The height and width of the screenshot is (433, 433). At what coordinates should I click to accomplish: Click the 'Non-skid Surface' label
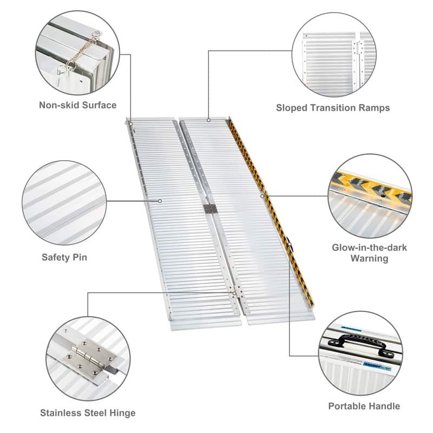tap(77, 104)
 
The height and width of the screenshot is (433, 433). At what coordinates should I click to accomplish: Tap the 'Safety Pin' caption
tap(64, 257)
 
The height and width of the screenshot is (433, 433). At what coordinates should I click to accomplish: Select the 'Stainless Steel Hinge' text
tap(88, 413)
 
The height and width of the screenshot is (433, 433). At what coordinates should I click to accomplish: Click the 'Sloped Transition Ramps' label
tap(333, 108)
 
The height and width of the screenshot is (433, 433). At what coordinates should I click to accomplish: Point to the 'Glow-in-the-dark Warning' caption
tap(369, 253)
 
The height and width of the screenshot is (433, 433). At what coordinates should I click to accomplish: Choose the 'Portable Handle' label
tap(364, 406)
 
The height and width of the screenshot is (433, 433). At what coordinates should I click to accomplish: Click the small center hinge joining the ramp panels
tap(209, 208)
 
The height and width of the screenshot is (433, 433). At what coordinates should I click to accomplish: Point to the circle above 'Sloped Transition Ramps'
tap(333, 55)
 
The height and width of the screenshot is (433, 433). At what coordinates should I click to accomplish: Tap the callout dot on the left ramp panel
tap(161, 201)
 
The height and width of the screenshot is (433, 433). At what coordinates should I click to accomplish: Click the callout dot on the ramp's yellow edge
tap(263, 196)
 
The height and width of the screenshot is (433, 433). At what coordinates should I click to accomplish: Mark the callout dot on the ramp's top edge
tap(208, 120)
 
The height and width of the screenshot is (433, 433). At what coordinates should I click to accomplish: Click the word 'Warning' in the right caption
tap(369, 259)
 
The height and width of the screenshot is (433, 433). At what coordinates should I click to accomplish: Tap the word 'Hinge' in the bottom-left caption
tap(122, 413)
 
